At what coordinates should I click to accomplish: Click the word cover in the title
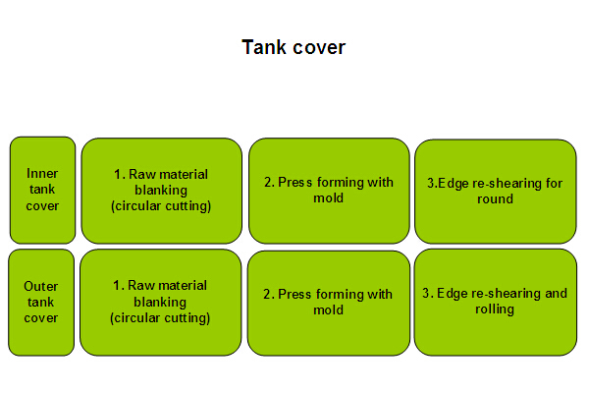click(319, 48)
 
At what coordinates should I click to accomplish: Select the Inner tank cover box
click(42, 190)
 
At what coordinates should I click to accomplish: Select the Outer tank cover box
click(41, 303)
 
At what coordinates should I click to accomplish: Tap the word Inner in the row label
click(42, 173)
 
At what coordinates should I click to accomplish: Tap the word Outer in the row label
click(41, 286)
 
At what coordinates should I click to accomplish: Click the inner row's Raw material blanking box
click(162, 191)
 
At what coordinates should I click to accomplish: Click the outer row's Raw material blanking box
click(160, 303)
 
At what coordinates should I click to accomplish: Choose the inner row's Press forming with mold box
click(329, 191)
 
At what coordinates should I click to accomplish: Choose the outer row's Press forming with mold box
click(329, 304)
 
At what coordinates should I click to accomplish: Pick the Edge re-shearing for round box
click(496, 192)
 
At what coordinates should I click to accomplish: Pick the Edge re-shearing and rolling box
click(496, 303)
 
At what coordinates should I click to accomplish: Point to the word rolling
click(495, 309)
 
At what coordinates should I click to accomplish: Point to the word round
click(495, 198)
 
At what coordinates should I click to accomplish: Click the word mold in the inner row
click(329, 197)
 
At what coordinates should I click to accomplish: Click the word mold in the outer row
click(329, 309)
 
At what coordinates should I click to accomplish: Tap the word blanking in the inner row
click(161, 191)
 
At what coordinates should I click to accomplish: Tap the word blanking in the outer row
click(160, 302)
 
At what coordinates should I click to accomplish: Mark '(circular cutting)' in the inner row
click(161, 206)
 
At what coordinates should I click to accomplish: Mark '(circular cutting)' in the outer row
click(160, 318)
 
